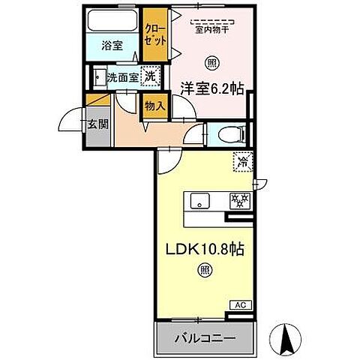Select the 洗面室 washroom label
pyautogui.click(x=122, y=76)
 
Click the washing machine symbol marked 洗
pyautogui.click(x=150, y=76)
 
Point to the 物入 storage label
pyautogui.click(x=154, y=106)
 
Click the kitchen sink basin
pyautogui.click(x=198, y=200)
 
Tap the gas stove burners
pyautogui.click(x=240, y=200)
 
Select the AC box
pyautogui.click(x=240, y=306)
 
